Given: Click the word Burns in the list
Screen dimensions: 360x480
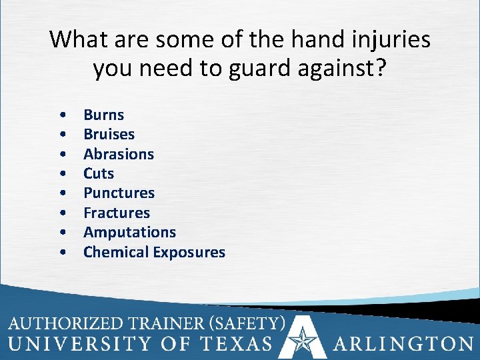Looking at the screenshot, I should (103, 115).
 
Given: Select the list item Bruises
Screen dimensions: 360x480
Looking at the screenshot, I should (109, 134).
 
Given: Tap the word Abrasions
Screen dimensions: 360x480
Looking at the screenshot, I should (118, 154).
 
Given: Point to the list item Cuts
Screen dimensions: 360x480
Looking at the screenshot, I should (99, 173).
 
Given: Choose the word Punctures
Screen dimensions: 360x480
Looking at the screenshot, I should (119, 193).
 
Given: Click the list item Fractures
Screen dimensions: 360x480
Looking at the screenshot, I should (117, 213).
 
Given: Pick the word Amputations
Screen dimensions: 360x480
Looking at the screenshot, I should (129, 232).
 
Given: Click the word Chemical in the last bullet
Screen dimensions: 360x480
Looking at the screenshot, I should (116, 252).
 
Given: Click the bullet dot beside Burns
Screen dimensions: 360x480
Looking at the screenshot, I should (62, 115).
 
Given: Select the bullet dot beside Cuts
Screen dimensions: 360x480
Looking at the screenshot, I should (62, 174).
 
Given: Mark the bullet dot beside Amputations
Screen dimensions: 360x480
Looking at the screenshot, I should (62, 233).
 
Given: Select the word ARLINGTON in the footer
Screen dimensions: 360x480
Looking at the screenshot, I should (403, 343).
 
